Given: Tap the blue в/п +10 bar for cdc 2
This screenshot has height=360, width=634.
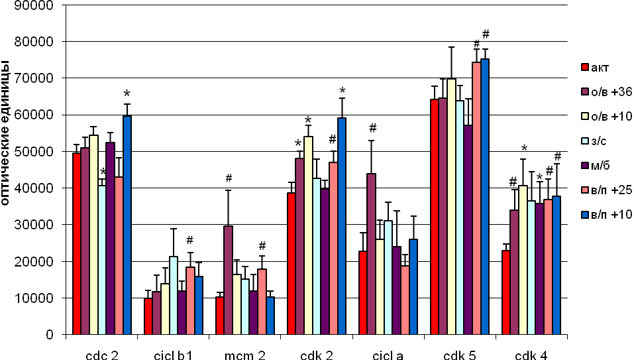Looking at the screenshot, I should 127,225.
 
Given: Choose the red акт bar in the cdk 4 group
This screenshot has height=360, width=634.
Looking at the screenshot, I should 505,292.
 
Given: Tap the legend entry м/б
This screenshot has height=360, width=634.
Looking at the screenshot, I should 603,166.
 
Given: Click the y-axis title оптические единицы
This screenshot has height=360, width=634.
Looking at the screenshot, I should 7,133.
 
